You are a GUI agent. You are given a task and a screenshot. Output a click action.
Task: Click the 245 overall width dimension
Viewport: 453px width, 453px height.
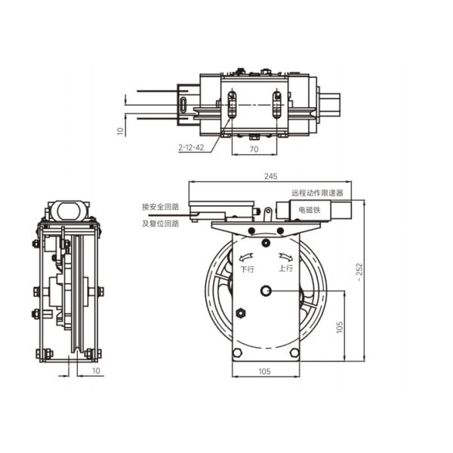click(270, 176)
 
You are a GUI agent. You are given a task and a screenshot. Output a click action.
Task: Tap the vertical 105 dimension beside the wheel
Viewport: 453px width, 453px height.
click(340, 325)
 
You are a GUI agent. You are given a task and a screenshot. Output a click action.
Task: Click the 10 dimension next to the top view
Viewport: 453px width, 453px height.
click(119, 130)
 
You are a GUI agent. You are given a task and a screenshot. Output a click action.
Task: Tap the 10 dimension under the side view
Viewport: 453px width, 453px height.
click(95, 371)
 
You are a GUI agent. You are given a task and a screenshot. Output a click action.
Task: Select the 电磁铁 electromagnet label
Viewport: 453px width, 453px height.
click(310, 210)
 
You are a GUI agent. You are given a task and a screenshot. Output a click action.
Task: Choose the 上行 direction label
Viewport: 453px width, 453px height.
click(286, 268)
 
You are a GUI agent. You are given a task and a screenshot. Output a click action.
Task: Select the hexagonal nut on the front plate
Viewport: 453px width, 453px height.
click(240, 313)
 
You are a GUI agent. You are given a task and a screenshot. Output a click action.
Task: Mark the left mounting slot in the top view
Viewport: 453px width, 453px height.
click(233, 104)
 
